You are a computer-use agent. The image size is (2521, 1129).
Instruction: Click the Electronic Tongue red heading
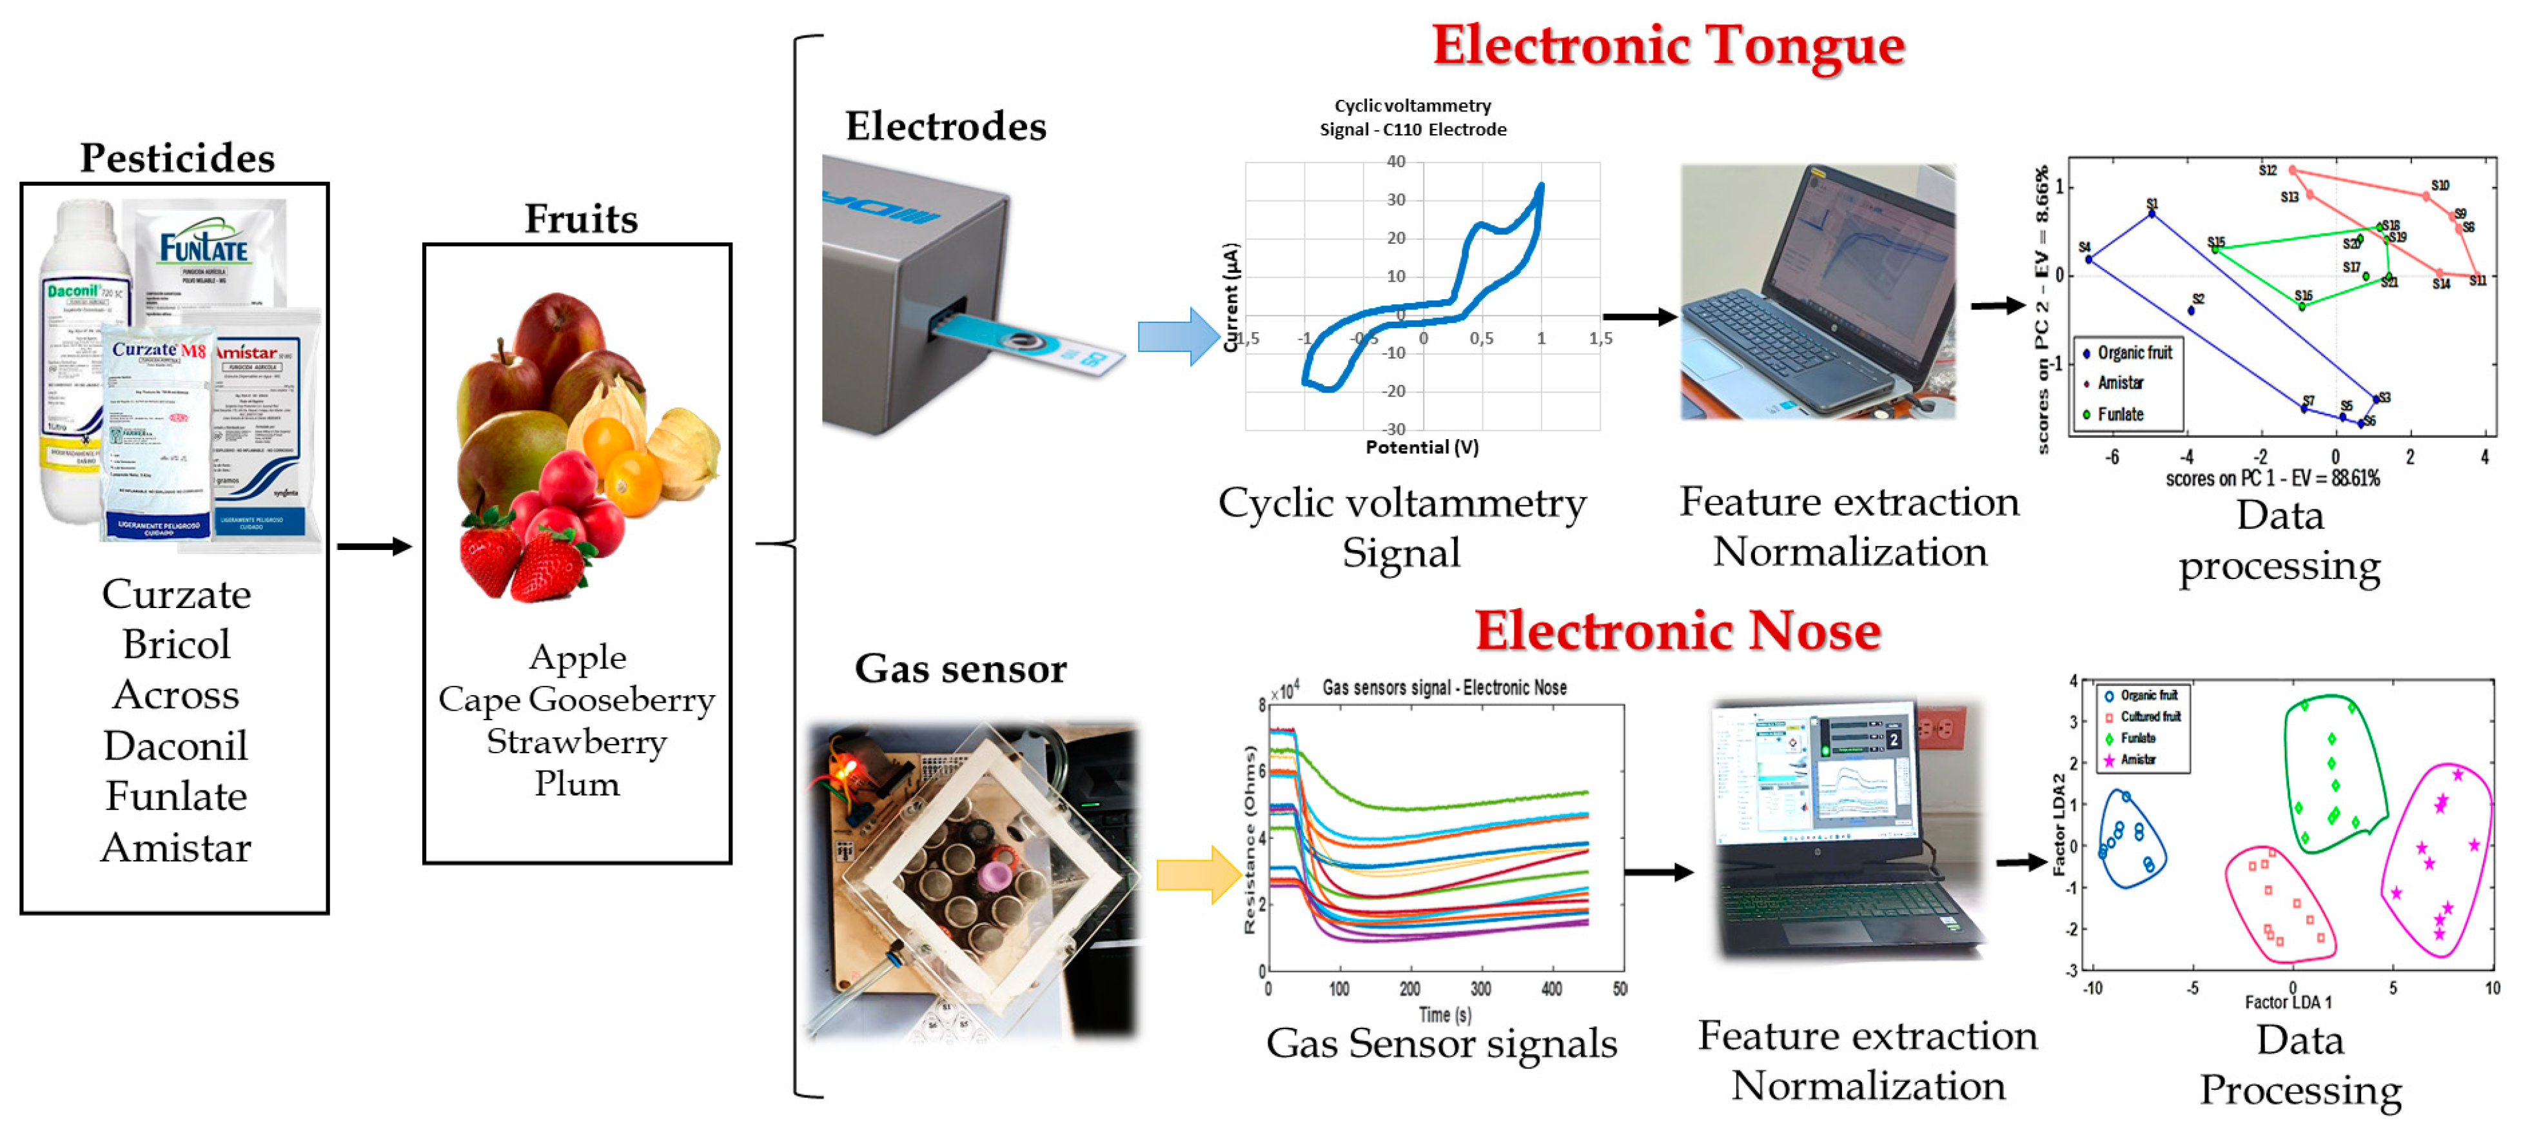click(x=1667, y=46)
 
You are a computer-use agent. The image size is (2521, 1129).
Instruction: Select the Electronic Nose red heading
click(x=1678, y=631)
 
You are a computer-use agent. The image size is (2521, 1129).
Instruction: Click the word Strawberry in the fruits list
click(x=576, y=741)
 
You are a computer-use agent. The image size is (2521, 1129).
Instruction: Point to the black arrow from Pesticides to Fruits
click(x=374, y=546)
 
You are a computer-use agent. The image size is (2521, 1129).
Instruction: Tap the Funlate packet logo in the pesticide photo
click(x=204, y=246)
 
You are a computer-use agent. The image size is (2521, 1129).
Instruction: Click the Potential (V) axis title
click(x=1421, y=447)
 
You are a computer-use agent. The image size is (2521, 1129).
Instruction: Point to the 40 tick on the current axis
click(x=1395, y=161)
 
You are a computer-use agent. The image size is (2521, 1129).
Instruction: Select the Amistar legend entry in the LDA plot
click(x=2137, y=759)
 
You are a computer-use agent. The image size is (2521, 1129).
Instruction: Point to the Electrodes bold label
click(x=945, y=127)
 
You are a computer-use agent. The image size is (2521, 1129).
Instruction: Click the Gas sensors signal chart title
click(x=1444, y=688)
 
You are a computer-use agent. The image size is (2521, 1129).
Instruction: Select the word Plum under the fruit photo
click(x=576, y=785)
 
